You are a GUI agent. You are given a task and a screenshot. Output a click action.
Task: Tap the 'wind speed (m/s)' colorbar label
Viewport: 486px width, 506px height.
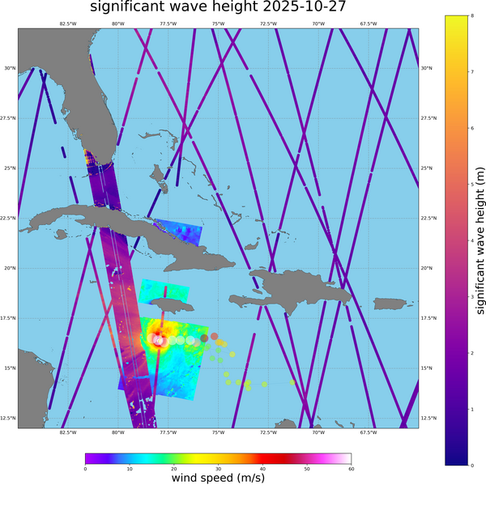pos(218,478)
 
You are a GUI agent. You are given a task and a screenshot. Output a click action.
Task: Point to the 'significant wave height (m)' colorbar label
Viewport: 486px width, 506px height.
pos(480,240)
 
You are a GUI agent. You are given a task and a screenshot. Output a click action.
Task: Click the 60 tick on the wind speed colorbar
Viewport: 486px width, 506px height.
pos(351,469)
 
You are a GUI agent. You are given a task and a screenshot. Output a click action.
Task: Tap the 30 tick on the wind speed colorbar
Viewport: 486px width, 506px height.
pos(218,469)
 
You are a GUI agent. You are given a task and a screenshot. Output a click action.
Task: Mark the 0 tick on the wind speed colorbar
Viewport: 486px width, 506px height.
pos(85,469)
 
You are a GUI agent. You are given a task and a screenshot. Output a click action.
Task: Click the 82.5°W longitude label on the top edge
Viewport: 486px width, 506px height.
pos(68,23)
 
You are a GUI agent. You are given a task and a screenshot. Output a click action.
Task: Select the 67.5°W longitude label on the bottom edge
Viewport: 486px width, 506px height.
pos(368,432)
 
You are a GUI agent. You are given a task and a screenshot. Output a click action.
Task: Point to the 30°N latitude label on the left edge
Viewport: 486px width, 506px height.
pos(10,68)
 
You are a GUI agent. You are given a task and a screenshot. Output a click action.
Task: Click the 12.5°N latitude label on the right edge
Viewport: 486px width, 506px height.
pos(429,418)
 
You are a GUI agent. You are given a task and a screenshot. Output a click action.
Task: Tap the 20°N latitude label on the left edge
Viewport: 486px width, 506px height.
pos(10,268)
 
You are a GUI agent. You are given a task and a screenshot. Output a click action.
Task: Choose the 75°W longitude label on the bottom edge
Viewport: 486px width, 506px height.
pos(218,432)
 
